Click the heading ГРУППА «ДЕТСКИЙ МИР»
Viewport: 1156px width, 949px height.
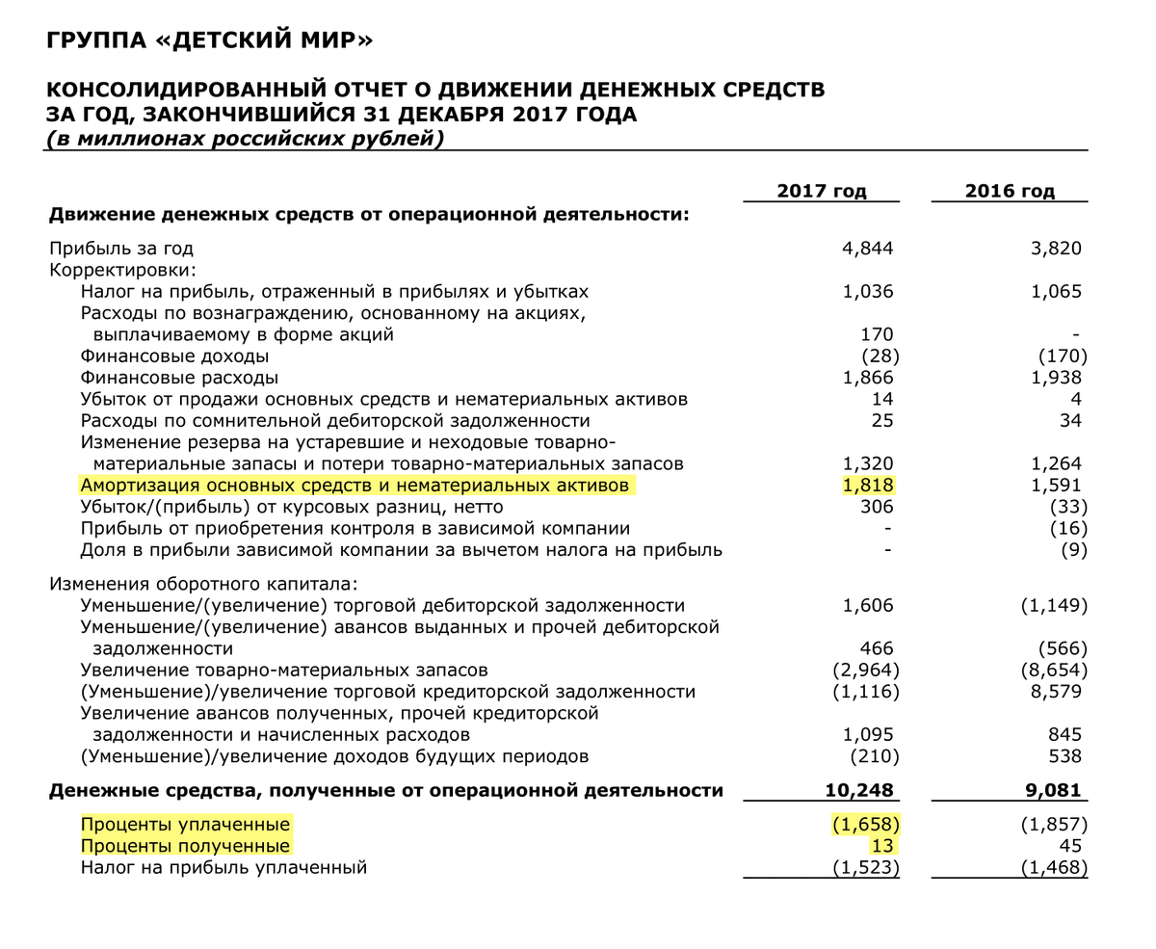209,40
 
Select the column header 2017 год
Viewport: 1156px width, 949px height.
821,191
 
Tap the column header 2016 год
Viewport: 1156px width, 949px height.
1010,191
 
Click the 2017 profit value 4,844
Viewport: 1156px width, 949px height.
867,249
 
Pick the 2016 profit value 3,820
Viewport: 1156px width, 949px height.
1056,249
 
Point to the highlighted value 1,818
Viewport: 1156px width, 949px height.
867,486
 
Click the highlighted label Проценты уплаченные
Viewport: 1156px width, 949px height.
185,825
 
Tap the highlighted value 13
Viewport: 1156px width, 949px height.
882,846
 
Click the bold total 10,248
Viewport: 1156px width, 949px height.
859,791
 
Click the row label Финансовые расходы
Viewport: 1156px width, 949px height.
179,378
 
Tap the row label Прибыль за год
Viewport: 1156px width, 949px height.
121,249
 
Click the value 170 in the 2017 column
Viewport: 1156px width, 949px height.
876,335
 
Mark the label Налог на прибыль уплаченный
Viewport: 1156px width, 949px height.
223,867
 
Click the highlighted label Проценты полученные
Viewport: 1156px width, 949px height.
185,846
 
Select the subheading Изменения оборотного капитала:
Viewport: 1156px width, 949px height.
203,584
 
